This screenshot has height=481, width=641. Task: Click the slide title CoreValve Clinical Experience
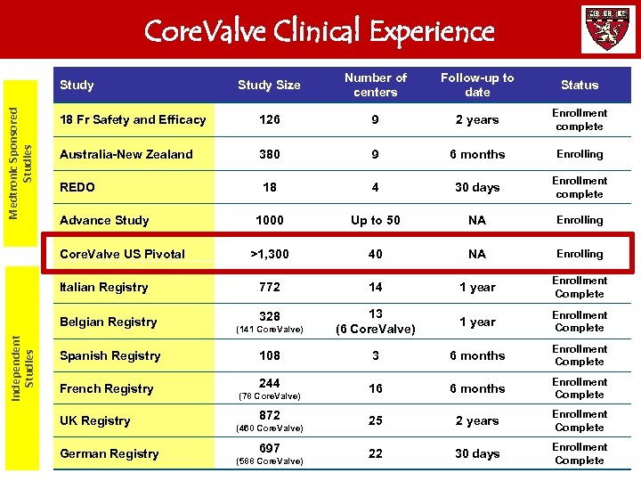(x=319, y=31)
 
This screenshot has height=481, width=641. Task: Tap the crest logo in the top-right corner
(x=608, y=29)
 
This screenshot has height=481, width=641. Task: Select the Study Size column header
(x=269, y=86)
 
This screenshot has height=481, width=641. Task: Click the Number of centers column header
(x=376, y=85)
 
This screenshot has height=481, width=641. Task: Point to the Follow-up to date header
(x=477, y=85)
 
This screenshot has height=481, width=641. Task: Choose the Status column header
(x=580, y=86)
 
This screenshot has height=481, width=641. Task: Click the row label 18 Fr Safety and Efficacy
(x=133, y=120)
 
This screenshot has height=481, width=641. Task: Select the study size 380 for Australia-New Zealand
(x=269, y=154)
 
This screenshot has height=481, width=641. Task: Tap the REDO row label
(x=77, y=188)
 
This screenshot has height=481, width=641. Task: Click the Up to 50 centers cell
(x=376, y=220)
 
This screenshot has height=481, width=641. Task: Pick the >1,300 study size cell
(x=269, y=254)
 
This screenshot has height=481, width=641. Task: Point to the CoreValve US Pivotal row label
(x=122, y=254)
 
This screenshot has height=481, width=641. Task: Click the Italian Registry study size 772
(x=269, y=287)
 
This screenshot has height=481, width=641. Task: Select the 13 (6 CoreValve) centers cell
(x=376, y=321)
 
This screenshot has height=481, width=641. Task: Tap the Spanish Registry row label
(x=110, y=355)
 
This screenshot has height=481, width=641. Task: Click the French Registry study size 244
(x=269, y=384)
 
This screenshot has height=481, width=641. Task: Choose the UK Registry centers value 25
(x=376, y=420)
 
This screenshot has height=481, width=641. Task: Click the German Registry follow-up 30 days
(x=477, y=453)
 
